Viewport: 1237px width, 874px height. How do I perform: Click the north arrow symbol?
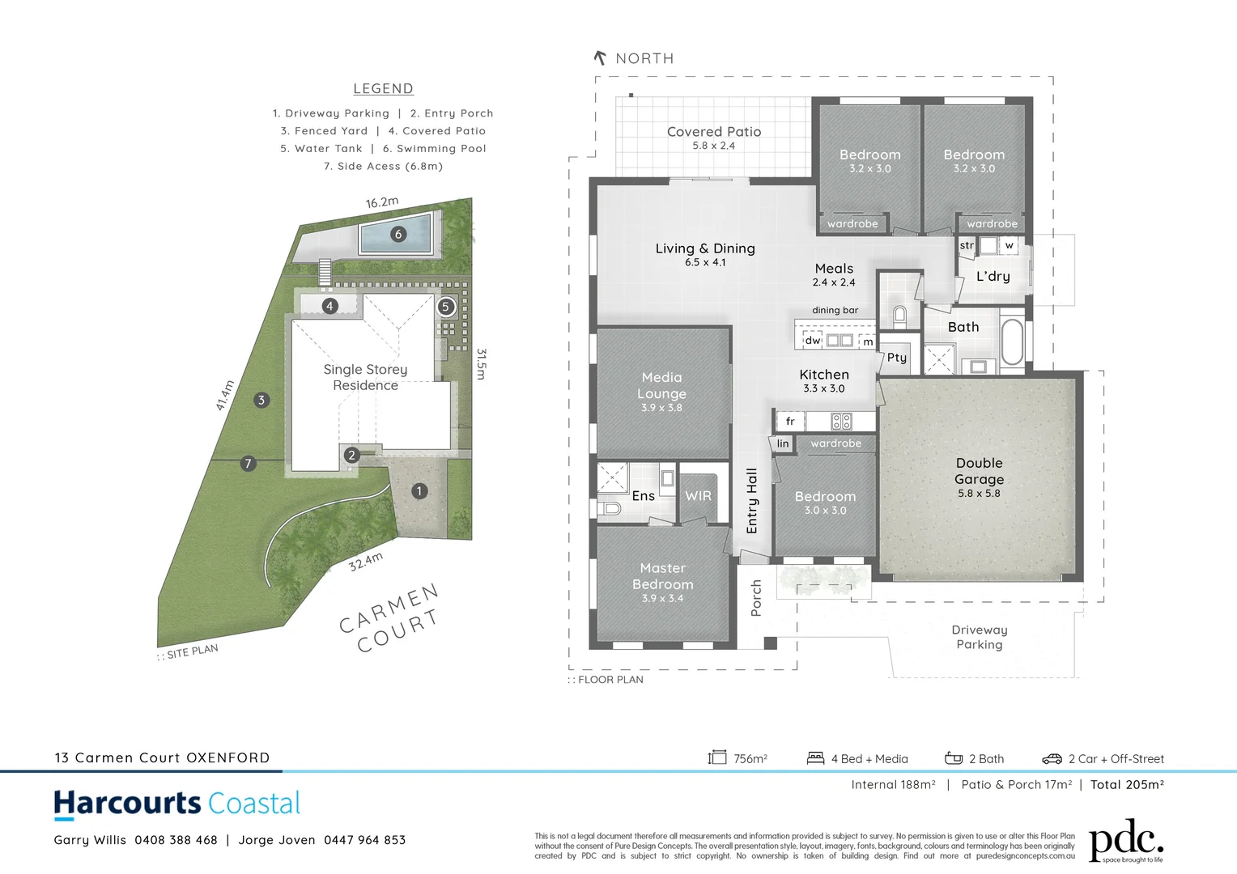[600, 57]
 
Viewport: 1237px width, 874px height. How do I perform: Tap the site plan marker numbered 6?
[397, 234]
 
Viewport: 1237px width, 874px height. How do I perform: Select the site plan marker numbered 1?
[419, 490]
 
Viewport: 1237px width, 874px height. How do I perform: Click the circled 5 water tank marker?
[445, 307]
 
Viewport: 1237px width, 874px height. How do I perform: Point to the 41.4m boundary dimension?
[225, 395]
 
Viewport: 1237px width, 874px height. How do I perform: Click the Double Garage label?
[979, 471]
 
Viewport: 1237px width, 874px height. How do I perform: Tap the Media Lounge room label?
[661, 385]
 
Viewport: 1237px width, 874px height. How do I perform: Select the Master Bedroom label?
[662, 576]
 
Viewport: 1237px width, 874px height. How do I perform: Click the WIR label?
[698, 496]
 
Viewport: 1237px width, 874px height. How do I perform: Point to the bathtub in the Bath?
[1012, 342]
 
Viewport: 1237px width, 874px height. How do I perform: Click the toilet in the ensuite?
[610, 508]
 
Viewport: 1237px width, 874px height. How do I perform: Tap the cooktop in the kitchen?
[841, 421]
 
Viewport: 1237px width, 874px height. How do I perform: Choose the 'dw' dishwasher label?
[813, 341]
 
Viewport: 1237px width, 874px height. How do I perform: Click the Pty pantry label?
[897, 357]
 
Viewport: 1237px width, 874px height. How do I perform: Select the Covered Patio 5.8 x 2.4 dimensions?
[713, 146]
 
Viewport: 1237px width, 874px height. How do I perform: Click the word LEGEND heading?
[383, 89]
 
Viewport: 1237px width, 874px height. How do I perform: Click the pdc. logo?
[1125, 842]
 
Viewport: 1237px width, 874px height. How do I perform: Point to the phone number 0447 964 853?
[364, 840]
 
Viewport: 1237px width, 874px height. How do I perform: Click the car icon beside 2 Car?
[1052, 758]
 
